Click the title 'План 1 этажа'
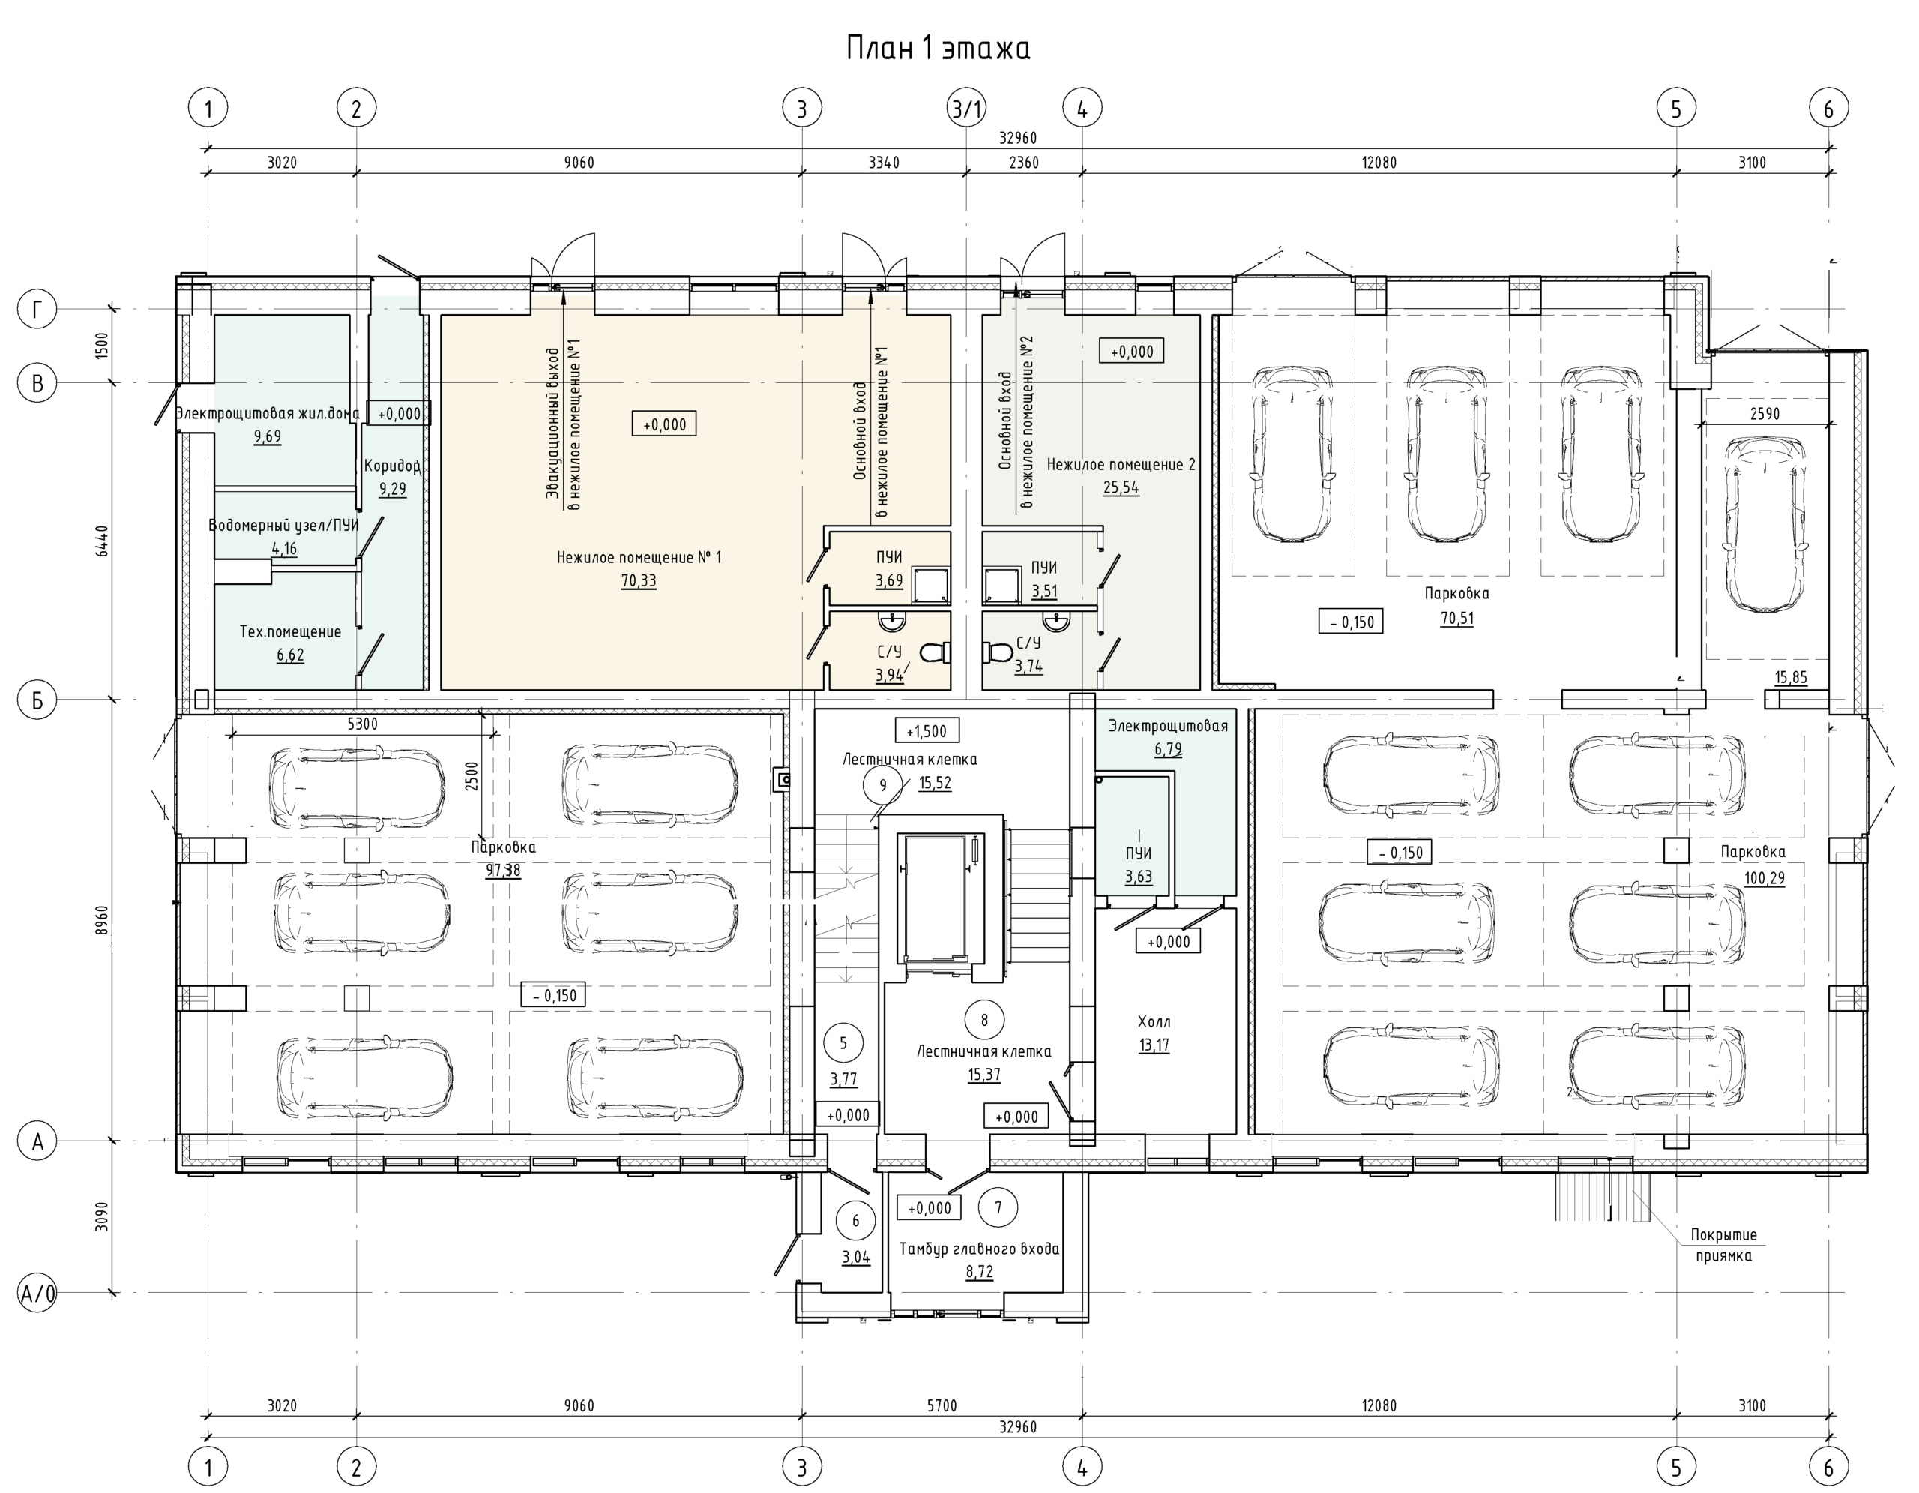pos(938,48)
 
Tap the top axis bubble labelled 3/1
pos(968,109)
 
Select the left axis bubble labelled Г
pos(37,309)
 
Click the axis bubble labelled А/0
pos(37,1293)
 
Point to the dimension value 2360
pos(1024,163)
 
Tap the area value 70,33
pos(639,581)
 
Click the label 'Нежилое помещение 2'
pos(1121,464)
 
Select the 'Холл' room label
pos(1154,1021)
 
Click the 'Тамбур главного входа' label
pos(979,1249)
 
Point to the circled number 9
pos(883,784)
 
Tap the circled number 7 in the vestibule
pos(998,1207)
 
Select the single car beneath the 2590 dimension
pos(1766,525)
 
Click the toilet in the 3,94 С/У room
pos(936,652)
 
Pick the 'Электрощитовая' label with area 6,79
pos(1168,726)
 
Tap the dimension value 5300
pos(362,724)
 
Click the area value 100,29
pos(1765,878)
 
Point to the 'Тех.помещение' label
pos(290,631)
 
